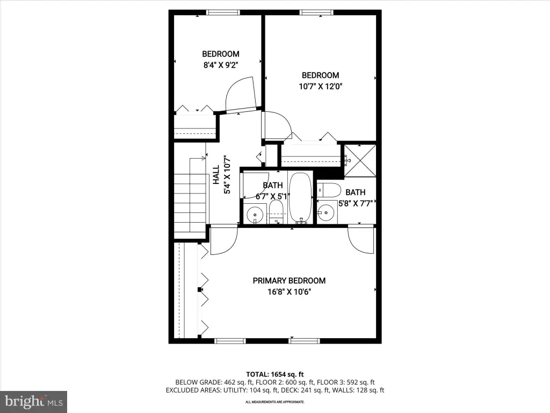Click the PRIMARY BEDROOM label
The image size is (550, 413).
(x=289, y=281)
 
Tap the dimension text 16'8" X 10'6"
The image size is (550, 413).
(x=290, y=291)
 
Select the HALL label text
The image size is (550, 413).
(x=216, y=175)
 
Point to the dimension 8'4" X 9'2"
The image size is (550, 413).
(x=221, y=65)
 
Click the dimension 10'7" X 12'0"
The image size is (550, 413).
(x=321, y=86)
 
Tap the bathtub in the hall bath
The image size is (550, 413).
(x=300, y=198)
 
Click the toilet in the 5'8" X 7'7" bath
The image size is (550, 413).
(x=329, y=190)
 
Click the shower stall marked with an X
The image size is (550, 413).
(x=360, y=160)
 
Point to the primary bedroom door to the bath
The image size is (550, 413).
(x=361, y=240)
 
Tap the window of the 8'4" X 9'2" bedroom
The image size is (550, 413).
(x=223, y=12)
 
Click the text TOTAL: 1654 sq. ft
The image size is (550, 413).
(x=275, y=374)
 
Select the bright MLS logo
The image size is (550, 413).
(x=34, y=402)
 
